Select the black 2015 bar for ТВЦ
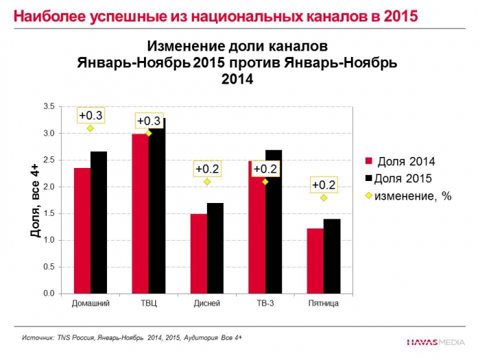coord(157,206)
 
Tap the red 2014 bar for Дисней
coord(199,254)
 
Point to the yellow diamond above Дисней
coord(206,182)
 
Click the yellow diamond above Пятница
coord(323,197)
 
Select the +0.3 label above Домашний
coord(91,115)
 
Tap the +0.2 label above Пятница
coord(323,184)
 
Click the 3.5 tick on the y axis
coord(49,107)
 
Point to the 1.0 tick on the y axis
coord(49,240)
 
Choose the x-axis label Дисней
coord(207,303)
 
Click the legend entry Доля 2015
coord(405,179)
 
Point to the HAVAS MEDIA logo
coord(435,341)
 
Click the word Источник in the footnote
coord(38,338)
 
